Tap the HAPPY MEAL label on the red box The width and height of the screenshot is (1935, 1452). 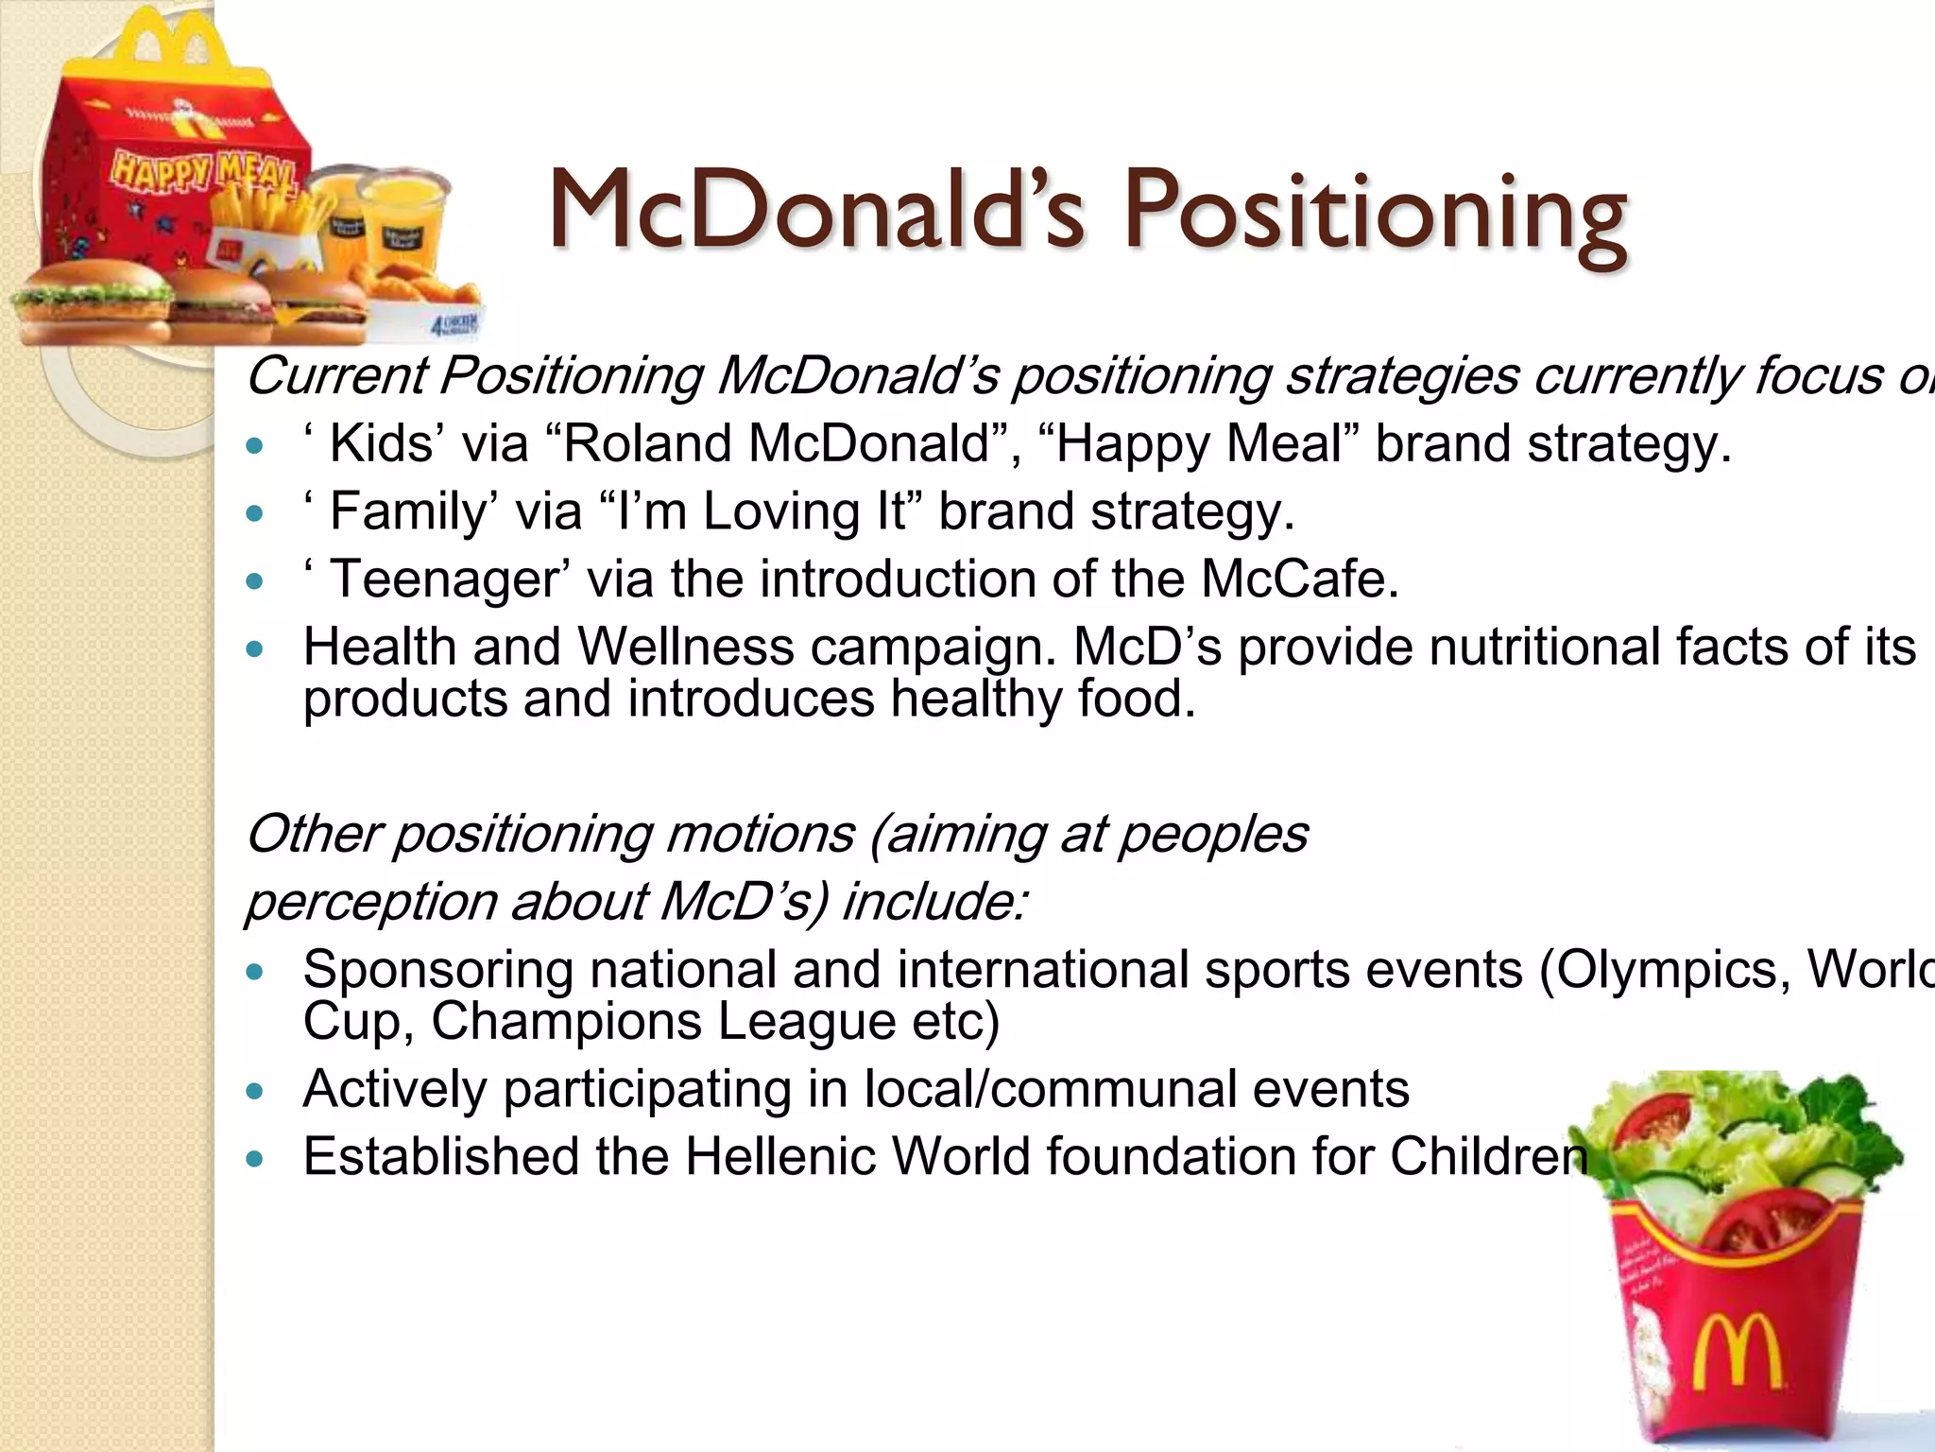tap(203, 173)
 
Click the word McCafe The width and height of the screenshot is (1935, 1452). tap(1299, 579)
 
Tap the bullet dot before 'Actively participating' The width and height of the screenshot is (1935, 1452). tap(252, 1091)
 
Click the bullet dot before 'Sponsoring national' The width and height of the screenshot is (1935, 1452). tap(252, 972)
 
